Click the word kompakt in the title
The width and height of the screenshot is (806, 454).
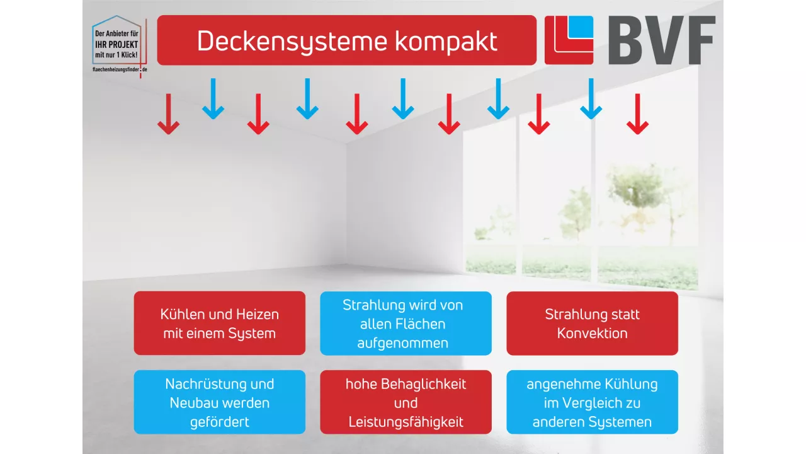[446, 42]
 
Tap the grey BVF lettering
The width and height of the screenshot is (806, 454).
[661, 41]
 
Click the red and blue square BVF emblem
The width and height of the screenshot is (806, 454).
[569, 40]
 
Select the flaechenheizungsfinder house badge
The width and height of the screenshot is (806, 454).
[120, 44]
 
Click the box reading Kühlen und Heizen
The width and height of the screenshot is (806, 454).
[219, 323]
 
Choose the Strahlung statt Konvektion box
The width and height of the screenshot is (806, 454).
[592, 323]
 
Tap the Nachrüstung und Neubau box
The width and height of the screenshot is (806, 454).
[219, 402]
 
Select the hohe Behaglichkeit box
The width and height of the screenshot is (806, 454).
[406, 402]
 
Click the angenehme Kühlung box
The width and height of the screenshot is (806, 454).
[592, 402]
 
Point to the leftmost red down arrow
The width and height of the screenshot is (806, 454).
[168, 114]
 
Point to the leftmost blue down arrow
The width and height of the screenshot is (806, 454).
[213, 99]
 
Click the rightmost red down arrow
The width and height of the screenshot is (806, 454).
[637, 114]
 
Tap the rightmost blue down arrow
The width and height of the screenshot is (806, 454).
[591, 99]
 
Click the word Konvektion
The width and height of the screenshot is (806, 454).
[592, 333]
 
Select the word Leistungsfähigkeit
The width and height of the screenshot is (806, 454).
[406, 422]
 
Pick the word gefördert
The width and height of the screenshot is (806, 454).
[219, 422]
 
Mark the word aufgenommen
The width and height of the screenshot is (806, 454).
[403, 343]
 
